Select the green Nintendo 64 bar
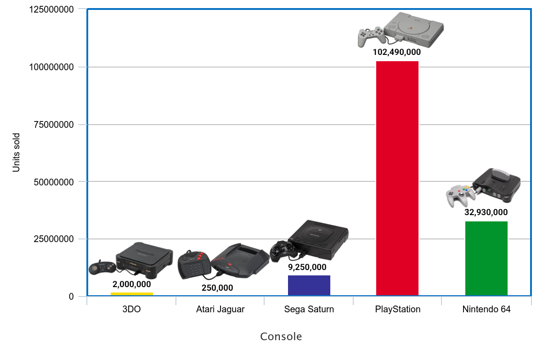(486, 258)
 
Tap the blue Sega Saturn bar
(309, 285)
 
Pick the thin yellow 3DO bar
(131, 294)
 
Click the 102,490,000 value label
(396, 52)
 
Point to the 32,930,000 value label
(486, 212)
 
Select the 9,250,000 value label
(307, 267)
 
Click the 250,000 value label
(217, 288)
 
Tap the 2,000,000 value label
(131, 284)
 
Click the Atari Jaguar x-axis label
(220, 310)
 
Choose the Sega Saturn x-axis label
(309, 310)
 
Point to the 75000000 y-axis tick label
(54, 125)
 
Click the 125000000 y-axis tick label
(51, 9)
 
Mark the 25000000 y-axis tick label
(54, 239)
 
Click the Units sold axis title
(16, 152)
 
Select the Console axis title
(281, 337)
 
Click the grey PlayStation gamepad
(369, 37)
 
